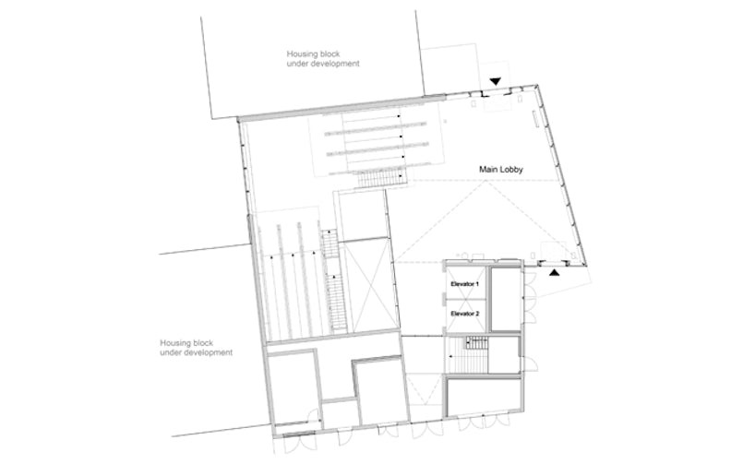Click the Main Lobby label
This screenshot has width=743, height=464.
click(x=501, y=170)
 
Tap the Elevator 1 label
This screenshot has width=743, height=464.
click(x=464, y=284)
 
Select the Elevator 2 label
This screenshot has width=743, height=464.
click(x=465, y=314)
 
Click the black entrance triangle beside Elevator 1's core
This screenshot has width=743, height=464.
click(x=555, y=273)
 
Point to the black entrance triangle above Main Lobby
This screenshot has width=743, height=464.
click(x=495, y=81)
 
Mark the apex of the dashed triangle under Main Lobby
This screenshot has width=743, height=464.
click(x=486, y=181)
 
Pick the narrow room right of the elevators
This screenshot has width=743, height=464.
click(x=506, y=299)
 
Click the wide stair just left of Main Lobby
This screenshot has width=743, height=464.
click(x=381, y=178)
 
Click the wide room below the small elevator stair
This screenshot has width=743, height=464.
click(x=484, y=397)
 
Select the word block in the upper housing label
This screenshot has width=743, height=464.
click(x=330, y=54)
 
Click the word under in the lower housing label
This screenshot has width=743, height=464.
click(x=170, y=352)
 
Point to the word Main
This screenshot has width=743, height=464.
click(x=488, y=170)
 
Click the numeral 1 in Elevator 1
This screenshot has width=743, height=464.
click(x=476, y=284)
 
